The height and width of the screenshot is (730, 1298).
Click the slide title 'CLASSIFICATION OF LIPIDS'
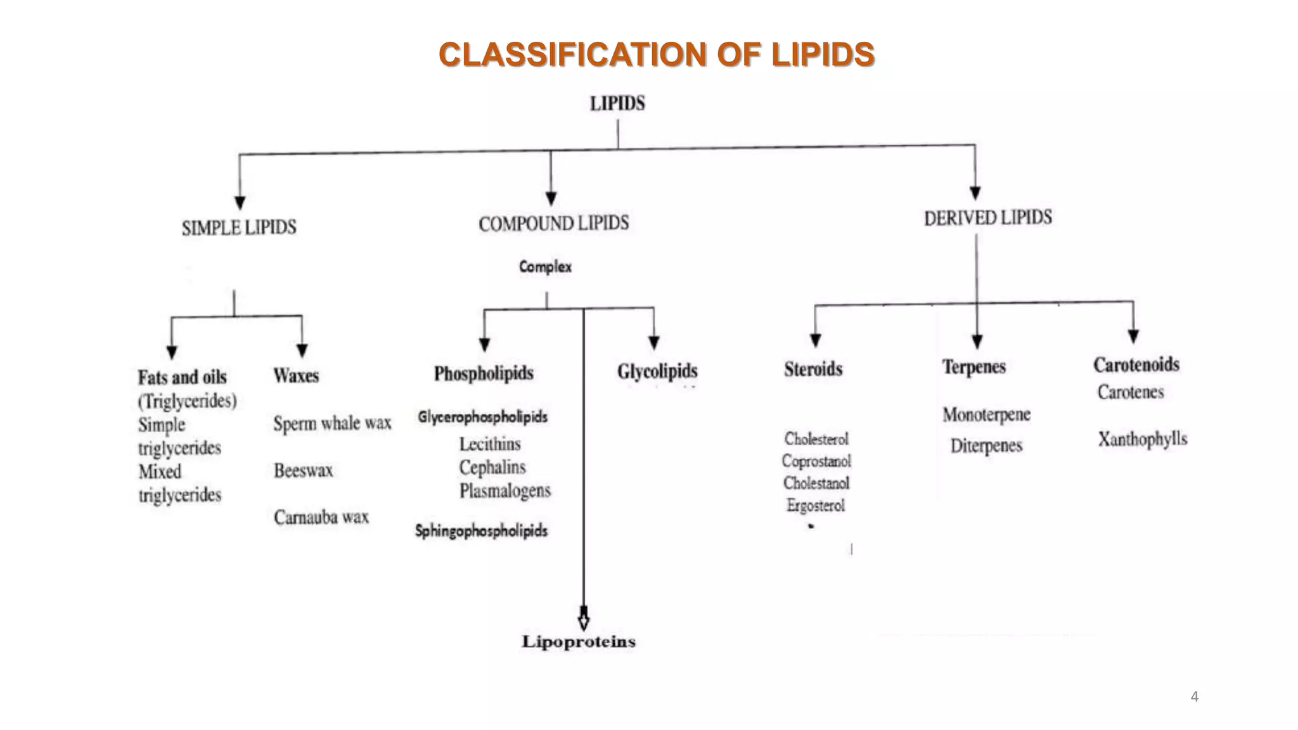pyautogui.click(x=657, y=54)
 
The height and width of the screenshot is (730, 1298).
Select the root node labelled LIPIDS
pyautogui.click(x=617, y=103)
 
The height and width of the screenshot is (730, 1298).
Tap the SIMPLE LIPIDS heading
pyautogui.click(x=239, y=227)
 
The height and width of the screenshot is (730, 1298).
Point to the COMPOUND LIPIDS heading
pyautogui.click(x=554, y=224)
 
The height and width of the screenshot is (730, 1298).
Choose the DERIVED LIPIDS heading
pyautogui.click(x=987, y=218)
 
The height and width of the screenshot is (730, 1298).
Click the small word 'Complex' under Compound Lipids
pyautogui.click(x=545, y=267)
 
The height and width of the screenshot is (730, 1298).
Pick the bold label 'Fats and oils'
pyautogui.click(x=183, y=378)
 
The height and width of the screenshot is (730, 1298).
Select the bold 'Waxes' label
pyautogui.click(x=296, y=376)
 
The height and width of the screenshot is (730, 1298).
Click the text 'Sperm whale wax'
pyautogui.click(x=332, y=423)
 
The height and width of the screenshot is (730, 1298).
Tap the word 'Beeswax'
pyautogui.click(x=303, y=470)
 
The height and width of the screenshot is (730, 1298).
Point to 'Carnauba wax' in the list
pyautogui.click(x=321, y=517)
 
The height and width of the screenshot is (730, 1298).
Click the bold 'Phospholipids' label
pyautogui.click(x=484, y=374)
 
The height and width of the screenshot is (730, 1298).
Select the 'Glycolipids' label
pyautogui.click(x=657, y=371)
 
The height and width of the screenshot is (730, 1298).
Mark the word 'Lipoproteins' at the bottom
pyautogui.click(x=579, y=641)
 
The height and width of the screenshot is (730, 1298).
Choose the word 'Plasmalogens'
pyautogui.click(x=505, y=491)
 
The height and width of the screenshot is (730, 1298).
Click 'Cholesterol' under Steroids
pyautogui.click(x=816, y=439)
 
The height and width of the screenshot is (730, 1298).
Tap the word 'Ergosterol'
pyautogui.click(x=816, y=506)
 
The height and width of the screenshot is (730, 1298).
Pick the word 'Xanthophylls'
pyautogui.click(x=1143, y=439)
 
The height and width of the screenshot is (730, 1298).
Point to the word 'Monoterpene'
pyautogui.click(x=986, y=415)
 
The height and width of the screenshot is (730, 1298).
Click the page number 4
pyautogui.click(x=1195, y=697)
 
